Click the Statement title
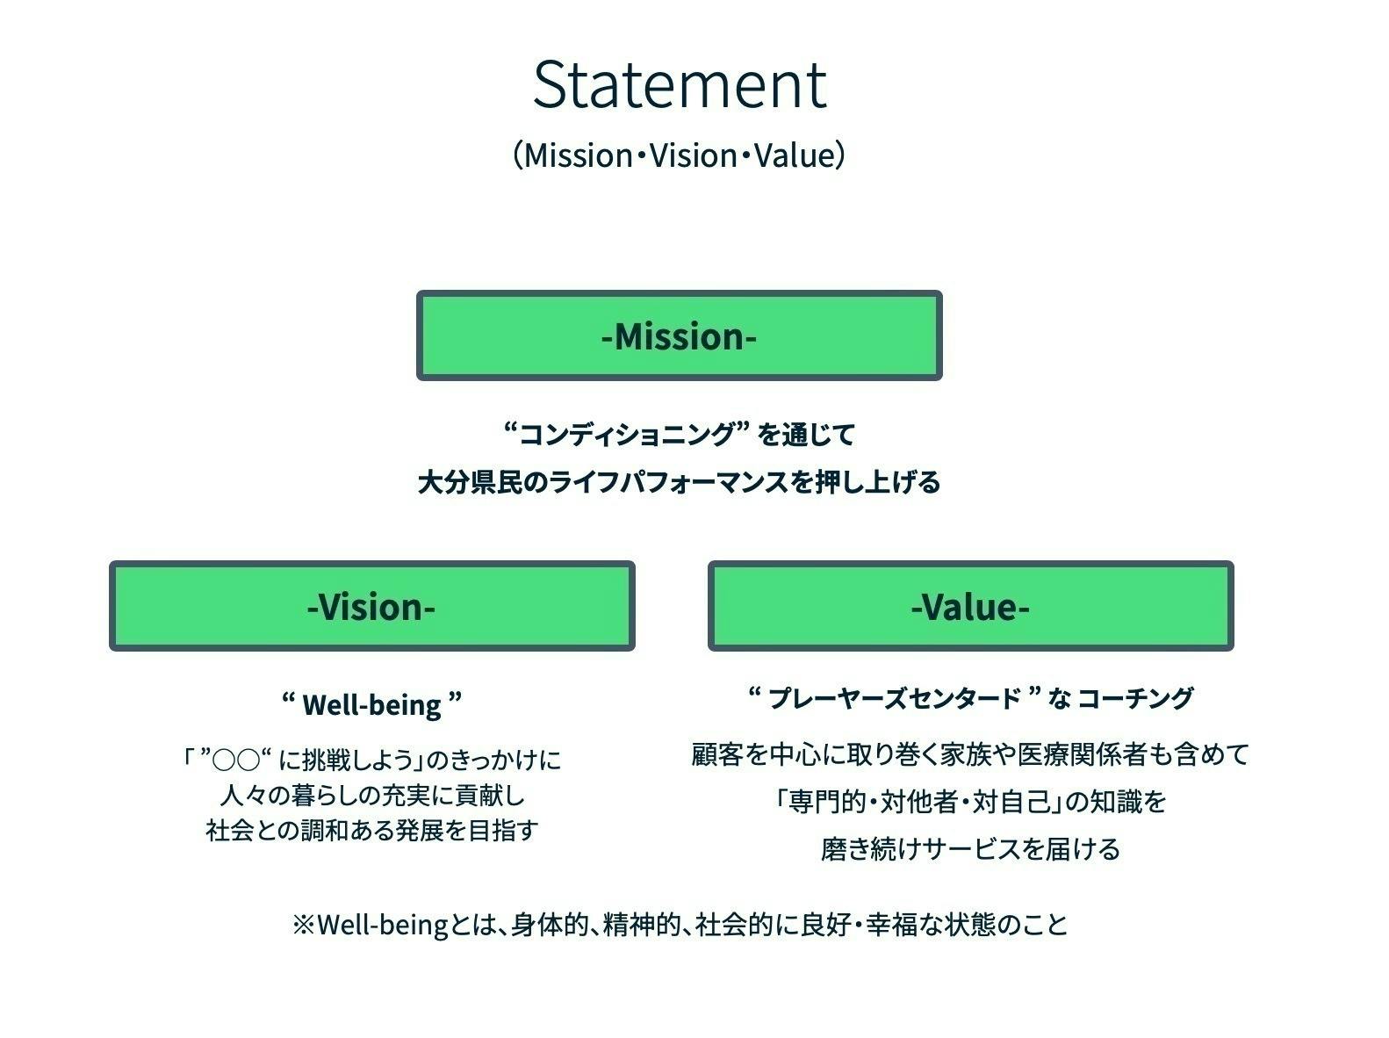[679, 84]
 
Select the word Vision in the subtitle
[693, 155]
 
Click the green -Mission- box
[679, 335]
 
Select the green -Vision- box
[371, 606]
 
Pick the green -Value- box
[970, 606]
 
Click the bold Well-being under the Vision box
[371, 704]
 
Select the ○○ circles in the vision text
[236, 759]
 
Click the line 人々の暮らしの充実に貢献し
[371, 795]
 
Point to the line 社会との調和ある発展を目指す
[371, 830]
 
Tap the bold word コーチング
[1134, 699]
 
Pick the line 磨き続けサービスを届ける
[970, 849]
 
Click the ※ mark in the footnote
[303, 925]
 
